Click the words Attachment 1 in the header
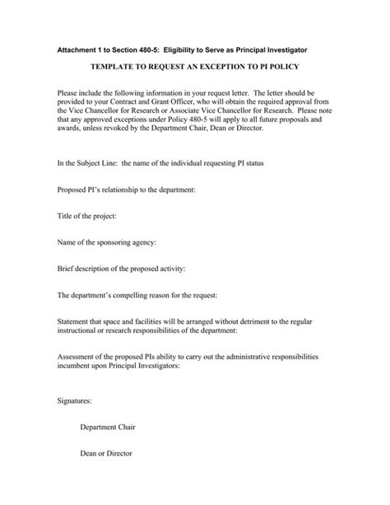tap(81, 42)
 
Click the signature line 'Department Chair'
tap(107, 427)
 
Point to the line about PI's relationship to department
tap(126, 189)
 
